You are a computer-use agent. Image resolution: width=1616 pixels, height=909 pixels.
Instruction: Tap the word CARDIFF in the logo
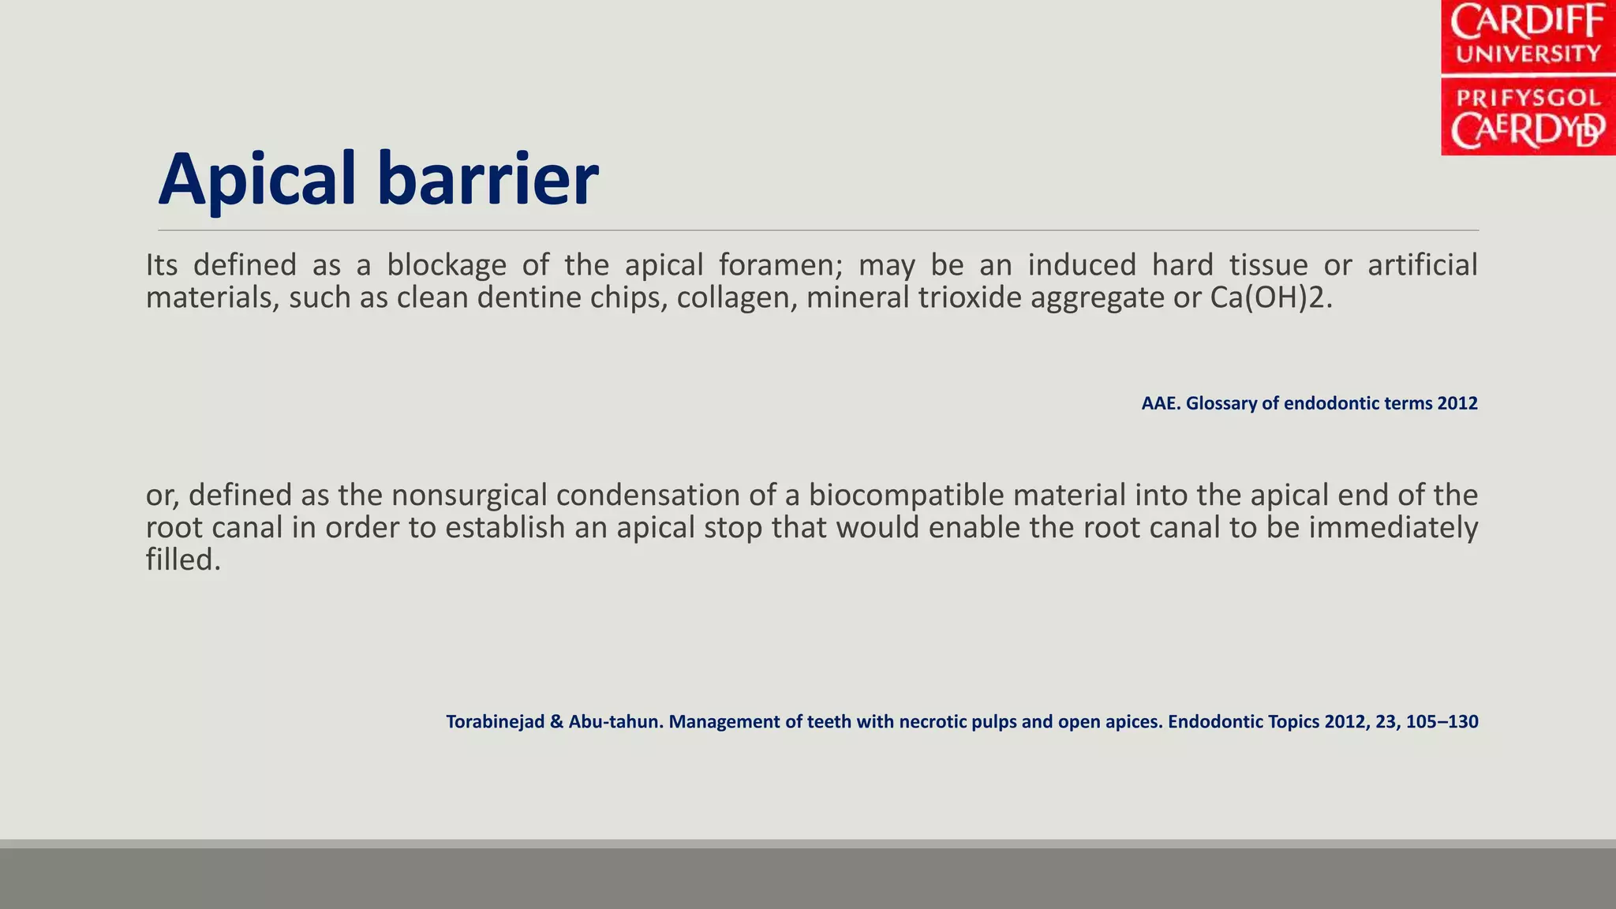coord(1528,22)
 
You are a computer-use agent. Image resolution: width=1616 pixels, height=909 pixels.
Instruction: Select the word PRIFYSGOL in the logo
coord(1528,98)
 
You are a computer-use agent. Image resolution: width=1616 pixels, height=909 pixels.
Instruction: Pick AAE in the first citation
coord(1158,403)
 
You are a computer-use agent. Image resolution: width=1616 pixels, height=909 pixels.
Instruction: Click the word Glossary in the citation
coord(1220,403)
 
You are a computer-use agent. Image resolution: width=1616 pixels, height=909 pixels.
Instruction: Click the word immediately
coord(1393,527)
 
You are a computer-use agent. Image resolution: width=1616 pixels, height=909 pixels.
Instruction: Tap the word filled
coord(182,559)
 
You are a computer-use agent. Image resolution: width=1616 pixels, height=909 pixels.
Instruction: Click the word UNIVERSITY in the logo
coord(1528,54)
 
